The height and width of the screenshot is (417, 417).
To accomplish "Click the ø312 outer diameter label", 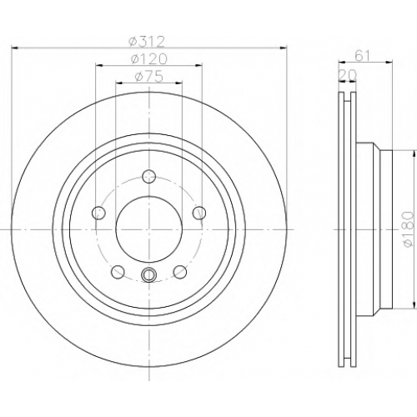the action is pyautogui.click(x=147, y=42).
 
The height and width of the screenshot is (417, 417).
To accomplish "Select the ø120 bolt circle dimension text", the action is pyautogui.click(x=149, y=59).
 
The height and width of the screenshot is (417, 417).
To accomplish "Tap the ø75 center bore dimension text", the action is pyautogui.click(x=148, y=77).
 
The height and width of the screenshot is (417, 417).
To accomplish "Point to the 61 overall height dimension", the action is pyautogui.click(x=363, y=57).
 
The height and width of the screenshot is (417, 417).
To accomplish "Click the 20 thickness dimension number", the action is pyautogui.click(x=347, y=74).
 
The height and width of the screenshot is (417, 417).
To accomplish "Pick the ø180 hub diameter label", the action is pyautogui.click(x=408, y=229).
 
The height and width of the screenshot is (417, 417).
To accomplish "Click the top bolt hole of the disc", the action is pyautogui.click(x=149, y=176).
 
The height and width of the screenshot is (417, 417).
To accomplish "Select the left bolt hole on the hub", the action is pyautogui.click(x=98, y=213).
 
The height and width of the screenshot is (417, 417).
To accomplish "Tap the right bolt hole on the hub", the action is pyautogui.click(x=199, y=213).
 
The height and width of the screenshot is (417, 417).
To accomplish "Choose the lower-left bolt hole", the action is pyautogui.click(x=118, y=272).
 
